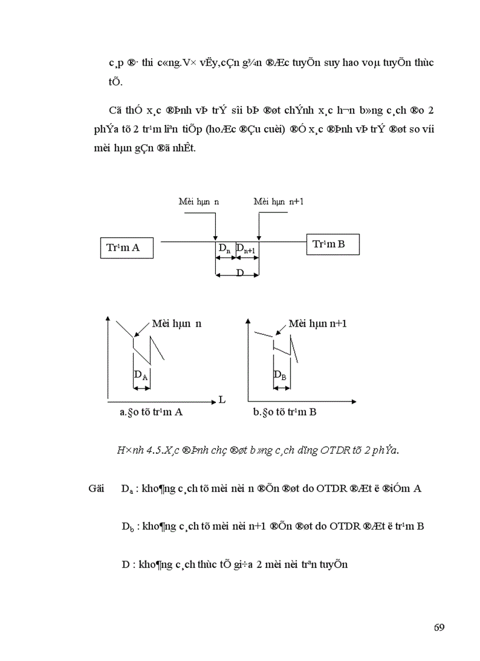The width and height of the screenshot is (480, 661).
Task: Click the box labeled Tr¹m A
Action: tap(126, 247)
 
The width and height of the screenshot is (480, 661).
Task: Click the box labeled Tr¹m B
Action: tap(332, 244)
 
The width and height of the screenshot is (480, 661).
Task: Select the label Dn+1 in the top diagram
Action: tap(246, 250)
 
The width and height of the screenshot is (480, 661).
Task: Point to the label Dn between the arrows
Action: tap(224, 249)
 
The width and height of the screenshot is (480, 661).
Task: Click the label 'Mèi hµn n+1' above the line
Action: tap(278, 202)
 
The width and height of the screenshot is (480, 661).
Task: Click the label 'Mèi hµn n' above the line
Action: tap(199, 202)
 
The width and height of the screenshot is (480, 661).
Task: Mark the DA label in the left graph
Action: tap(141, 375)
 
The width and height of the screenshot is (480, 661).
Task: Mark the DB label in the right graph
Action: tap(280, 375)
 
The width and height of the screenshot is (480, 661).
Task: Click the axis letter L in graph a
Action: tap(222, 400)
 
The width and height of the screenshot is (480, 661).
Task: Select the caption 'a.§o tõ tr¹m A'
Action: tap(151, 412)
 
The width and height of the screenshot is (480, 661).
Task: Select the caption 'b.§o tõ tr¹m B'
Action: tap(285, 412)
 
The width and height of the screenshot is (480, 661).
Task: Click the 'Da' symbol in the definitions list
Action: tap(126, 489)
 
